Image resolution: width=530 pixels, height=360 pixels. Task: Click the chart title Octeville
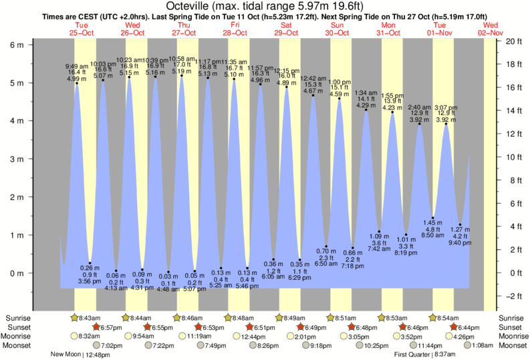[264, 6]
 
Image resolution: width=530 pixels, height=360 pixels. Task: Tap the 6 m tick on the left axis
[18, 45]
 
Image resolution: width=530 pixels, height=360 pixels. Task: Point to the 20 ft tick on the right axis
[513, 41]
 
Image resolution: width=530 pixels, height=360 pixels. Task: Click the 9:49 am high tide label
[77, 65]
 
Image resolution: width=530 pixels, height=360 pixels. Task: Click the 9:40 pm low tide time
[460, 243]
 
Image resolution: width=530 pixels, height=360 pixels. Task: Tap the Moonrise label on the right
[512, 336]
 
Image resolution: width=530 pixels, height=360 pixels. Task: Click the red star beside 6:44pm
[454, 327]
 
